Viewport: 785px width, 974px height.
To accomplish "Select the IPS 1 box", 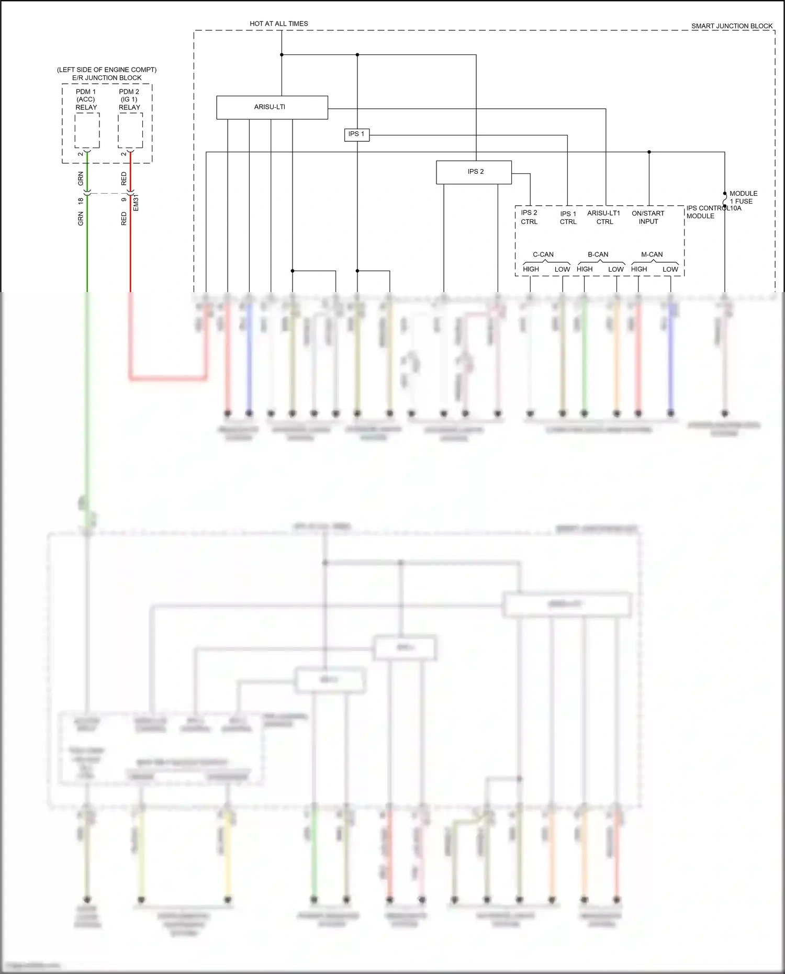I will pyautogui.click(x=356, y=134).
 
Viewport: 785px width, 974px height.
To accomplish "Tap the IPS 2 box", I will pyautogui.click(x=474, y=172).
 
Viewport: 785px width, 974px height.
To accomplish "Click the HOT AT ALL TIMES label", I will pyautogui.click(x=278, y=24).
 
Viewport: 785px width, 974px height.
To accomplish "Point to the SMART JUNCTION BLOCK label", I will pyautogui.click(x=732, y=26).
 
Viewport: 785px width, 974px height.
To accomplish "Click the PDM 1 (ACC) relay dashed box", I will pyautogui.click(x=87, y=130).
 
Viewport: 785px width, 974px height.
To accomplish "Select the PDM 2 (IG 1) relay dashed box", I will pyautogui.click(x=130, y=130).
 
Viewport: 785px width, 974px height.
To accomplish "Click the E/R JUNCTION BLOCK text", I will pyautogui.click(x=107, y=78).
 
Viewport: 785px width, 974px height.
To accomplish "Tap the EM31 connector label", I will pyautogui.click(x=136, y=203).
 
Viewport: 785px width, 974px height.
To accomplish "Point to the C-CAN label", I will pyautogui.click(x=543, y=254).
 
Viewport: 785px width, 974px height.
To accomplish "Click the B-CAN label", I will pyautogui.click(x=598, y=254).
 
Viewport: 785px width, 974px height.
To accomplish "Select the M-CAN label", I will pyautogui.click(x=652, y=254).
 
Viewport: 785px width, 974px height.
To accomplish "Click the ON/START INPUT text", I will pyautogui.click(x=648, y=217).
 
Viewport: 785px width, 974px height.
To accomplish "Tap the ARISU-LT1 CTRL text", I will pyautogui.click(x=604, y=217).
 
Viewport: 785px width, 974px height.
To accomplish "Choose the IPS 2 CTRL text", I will pyautogui.click(x=529, y=217).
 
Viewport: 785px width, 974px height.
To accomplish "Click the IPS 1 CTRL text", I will pyautogui.click(x=568, y=218).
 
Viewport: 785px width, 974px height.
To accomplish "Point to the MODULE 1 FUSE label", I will pyautogui.click(x=743, y=197).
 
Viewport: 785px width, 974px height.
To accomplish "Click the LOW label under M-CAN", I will pyautogui.click(x=670, y=269).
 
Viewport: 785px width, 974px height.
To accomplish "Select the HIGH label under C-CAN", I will pyautogui.click(x=531, y=269).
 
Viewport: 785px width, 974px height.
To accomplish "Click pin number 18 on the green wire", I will pyautogui.click(x=81, y=201).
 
